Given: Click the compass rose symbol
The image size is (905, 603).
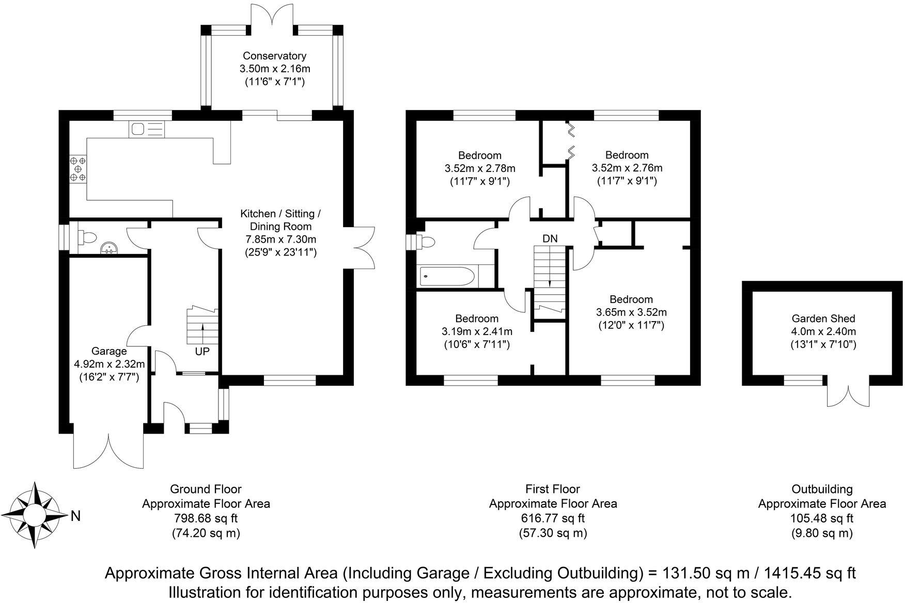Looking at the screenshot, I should (35, 515).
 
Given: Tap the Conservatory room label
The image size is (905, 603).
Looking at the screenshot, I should (274, 56).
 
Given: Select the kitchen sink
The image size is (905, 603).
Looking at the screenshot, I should (147, 129).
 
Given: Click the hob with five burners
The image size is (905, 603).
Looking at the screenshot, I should (78, 169).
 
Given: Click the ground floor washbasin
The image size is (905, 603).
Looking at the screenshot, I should (109, 248).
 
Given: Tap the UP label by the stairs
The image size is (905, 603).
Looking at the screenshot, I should (202, 352).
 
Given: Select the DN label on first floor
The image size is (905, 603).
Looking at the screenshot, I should (550, 239).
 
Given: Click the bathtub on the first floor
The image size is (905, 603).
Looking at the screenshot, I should (447, 277).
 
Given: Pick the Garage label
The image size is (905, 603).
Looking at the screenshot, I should (108, 351).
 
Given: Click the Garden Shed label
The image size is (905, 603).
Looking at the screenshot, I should (823, 319).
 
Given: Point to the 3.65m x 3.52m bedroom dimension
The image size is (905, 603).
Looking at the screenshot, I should (631, 312).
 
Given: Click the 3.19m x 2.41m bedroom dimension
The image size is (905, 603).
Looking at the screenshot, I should (476, 331).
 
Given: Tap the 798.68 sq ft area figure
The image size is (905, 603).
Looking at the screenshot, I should (206, 518).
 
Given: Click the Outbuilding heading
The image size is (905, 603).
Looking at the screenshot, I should (822, 488).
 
